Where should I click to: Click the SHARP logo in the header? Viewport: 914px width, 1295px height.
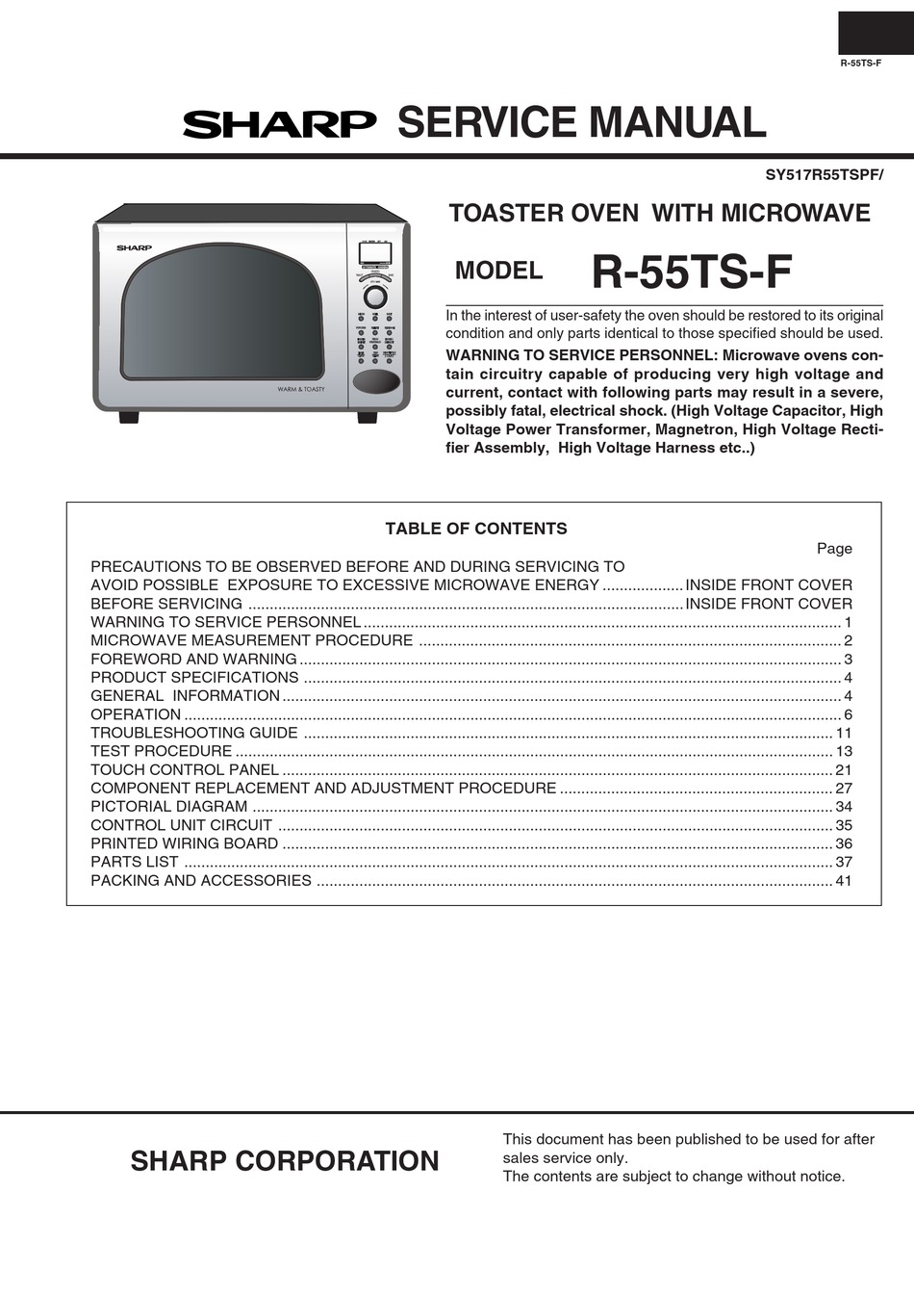[x=279, y=124]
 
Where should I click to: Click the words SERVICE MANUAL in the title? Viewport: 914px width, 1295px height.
[x=581, y=123]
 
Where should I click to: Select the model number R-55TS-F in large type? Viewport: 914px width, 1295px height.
[x=691, y=272]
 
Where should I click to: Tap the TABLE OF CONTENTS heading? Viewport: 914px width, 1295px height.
[x=476, y=529]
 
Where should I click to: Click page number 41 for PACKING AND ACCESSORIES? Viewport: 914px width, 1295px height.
[x=844, y=880]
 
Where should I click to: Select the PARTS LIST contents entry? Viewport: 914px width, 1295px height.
[x=135, y=862]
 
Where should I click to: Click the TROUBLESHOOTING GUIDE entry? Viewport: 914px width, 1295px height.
[x=193, y=733]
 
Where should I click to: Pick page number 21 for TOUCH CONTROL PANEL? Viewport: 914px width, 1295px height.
[x=844, y=769]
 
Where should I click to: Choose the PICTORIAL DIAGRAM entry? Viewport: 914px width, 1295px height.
[x=169, y=806]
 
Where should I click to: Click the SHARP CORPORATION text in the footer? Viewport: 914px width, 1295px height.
[x=285, y=1161]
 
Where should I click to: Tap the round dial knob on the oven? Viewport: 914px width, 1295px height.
[x=375, y=297]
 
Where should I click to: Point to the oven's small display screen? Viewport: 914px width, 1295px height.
[x=374, y=254]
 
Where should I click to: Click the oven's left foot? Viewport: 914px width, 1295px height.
[x=129, y=417]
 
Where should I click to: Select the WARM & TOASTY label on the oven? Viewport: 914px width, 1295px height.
[x=301, y=389]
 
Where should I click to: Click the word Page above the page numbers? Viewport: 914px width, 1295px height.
[x=834, y=548]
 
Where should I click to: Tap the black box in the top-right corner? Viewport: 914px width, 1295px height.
[x=875, y=33]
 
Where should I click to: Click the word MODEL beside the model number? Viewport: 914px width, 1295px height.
[x=498, y=272]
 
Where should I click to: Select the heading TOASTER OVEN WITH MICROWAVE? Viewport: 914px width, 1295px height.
[x=659, y=214]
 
